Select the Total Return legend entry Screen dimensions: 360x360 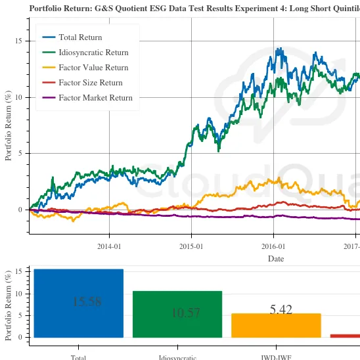point(80,37)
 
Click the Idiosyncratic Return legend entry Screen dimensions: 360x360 point(93,53)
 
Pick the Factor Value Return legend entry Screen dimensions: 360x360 point(93,68)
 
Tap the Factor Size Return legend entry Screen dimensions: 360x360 point(91,83)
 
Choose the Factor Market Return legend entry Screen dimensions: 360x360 point(95,98)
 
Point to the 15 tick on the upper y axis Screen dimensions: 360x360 point(18,41)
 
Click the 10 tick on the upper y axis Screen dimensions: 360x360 point(18,97)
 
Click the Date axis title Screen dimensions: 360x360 point(276,259)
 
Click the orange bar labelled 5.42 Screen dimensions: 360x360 point(276,325)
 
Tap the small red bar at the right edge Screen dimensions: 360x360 point(345,336)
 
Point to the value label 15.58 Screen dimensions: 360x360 point(87,302)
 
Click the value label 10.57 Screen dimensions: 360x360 point(186,313)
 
